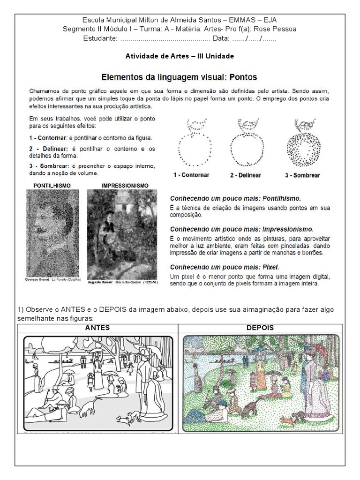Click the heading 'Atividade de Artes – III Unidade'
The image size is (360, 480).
click(180, 56)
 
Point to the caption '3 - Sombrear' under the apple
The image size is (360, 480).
click(302, 175)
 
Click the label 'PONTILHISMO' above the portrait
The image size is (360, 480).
click(52, 186)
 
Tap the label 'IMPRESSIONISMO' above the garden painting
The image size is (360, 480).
click(125, 186)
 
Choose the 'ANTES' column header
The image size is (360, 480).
click(97, 328)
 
